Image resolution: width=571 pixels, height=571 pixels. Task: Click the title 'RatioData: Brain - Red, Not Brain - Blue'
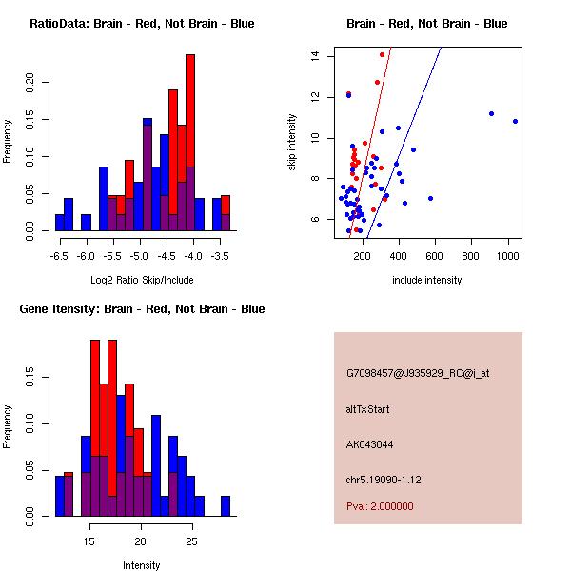[142, 23]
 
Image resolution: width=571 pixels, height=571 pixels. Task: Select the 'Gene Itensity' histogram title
[142, 308]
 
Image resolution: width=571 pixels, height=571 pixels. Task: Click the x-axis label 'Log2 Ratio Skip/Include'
[142, 280]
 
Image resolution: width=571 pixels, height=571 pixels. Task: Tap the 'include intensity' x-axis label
[427, 280]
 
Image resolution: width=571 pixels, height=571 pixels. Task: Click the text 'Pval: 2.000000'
[380, 506]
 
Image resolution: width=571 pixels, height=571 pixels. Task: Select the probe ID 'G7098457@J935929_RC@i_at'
[418, 374]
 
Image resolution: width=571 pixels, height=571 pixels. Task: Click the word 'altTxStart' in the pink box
[368, 409]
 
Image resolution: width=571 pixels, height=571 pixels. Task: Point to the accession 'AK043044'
[369, 443]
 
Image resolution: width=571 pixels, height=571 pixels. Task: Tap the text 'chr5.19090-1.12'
[383, 479]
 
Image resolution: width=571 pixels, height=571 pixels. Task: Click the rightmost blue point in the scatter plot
[515, 121]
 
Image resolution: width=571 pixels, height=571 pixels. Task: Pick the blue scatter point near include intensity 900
[491, 113]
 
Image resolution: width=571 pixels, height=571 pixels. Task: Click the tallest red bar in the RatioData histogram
[190, 143]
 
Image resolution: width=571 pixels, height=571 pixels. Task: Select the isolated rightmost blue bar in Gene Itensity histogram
[226, 505]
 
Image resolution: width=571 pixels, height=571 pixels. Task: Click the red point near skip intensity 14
[382, 54]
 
